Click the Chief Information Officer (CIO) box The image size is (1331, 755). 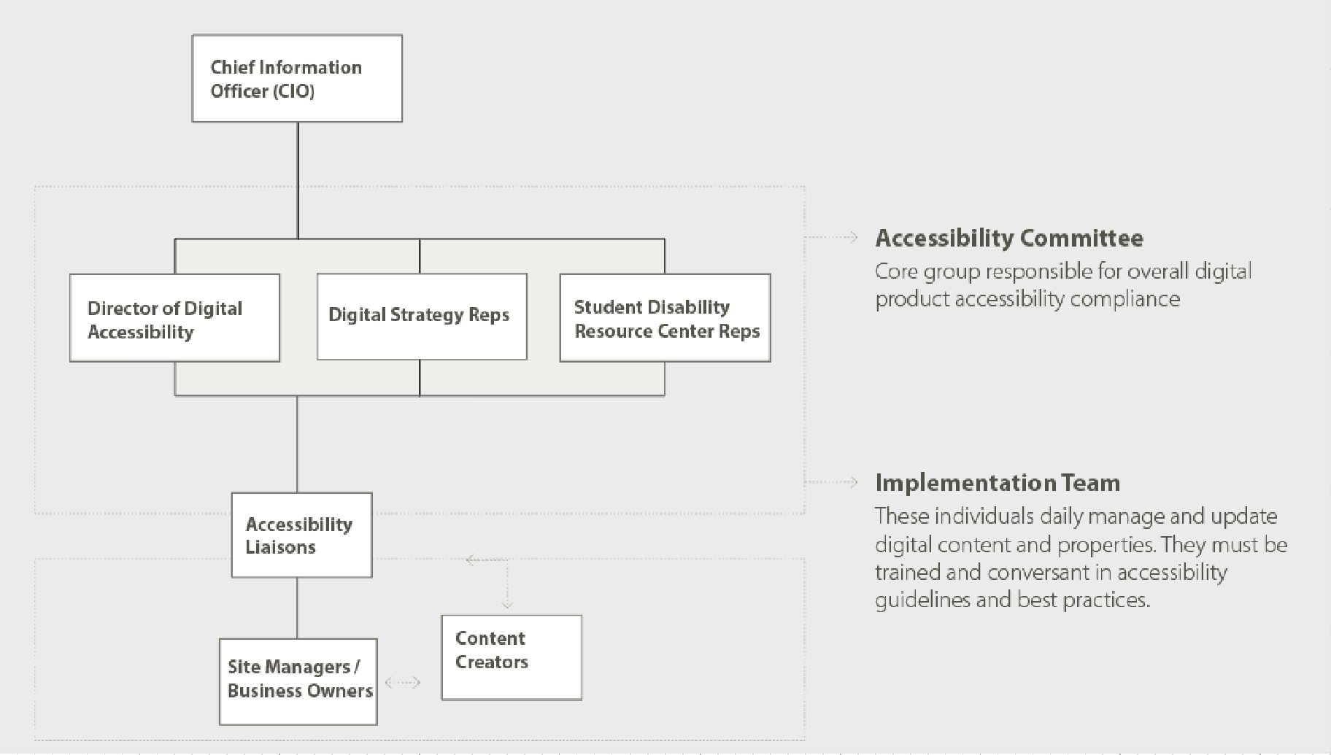coord(297,78)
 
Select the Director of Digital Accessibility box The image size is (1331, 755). coord(174,318)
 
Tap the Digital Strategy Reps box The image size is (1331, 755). coord(422,316)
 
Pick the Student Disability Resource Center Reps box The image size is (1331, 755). coord(665,318)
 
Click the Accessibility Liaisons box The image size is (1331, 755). coord(301,535)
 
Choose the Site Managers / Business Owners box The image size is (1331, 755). coord(298,681)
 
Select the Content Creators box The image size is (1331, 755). coord(512,657)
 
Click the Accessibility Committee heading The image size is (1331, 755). coord(1009,238)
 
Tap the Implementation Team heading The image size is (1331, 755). coord(997,483)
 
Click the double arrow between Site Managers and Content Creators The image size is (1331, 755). coord(403,683)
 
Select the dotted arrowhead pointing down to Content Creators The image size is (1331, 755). coord(507,603)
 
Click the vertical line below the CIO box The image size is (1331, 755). coord(298,179)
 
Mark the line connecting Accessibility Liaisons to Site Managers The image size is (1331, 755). coord(297,608)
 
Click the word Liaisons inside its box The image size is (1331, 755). coord(280,547)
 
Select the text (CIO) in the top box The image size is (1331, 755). coord(293,91)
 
